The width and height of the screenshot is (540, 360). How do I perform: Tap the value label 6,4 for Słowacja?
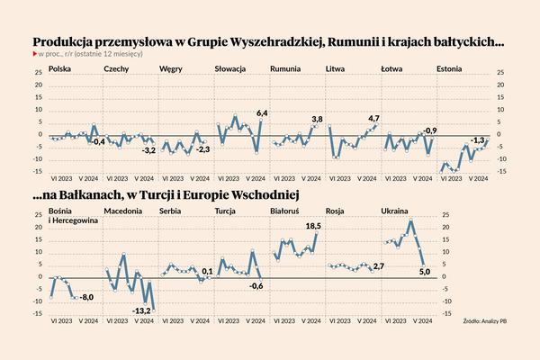263,112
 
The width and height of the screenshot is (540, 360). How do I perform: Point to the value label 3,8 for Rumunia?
317,120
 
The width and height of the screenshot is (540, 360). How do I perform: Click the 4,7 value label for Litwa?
374,119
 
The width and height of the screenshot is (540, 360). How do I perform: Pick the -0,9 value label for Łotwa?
430,131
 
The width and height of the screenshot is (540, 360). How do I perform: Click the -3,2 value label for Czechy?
149,149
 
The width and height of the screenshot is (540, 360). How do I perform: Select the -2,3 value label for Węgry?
203,148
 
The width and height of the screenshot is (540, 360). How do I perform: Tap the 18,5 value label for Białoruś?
313,226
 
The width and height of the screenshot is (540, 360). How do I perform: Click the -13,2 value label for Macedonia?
141,310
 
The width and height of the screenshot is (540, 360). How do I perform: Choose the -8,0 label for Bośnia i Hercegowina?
87,297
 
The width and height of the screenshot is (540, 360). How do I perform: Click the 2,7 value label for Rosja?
378,267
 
